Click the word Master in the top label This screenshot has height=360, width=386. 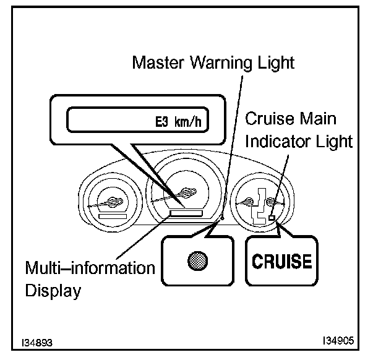pyautogui.click(x=158, y=62)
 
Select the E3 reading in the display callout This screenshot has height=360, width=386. pyautogui.click(x=163, y=121)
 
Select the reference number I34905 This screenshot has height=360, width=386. pyautogui.click(x=339, y=341)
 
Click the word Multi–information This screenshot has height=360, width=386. pyautogui.click(x=90, y=268)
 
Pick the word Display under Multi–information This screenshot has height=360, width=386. pyautogui.click(x=53, y=290)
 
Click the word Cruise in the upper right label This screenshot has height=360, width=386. pyautogui.click(x=270, y=118)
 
